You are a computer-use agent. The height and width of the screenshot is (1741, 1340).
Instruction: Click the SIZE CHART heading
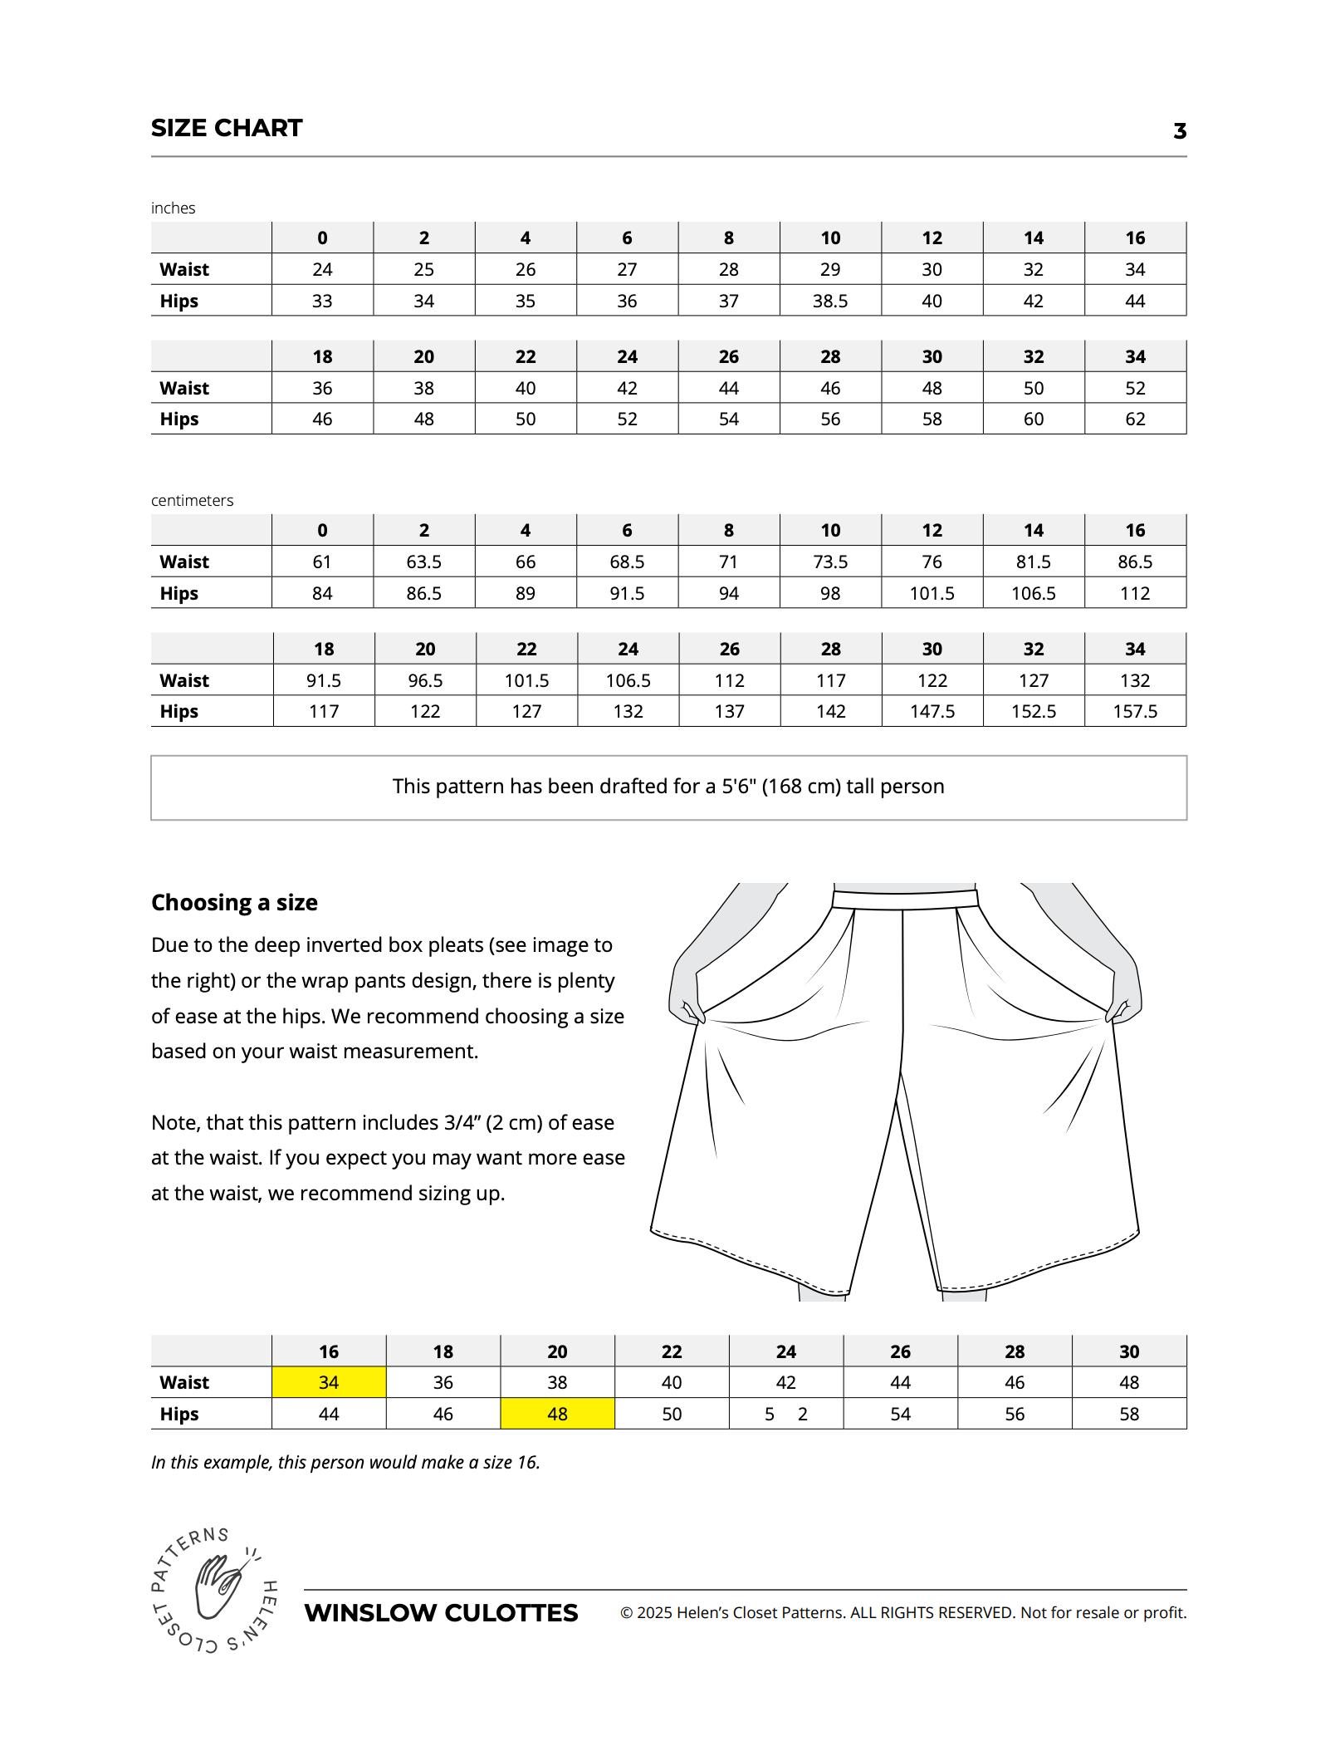pyautogui.click(x=227, y=128)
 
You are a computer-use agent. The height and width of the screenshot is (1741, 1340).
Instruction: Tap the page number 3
pyautogui.click(x=1179, y=131)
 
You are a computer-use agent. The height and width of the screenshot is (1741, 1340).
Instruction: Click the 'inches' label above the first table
pyautogui.click(x=173, y=208)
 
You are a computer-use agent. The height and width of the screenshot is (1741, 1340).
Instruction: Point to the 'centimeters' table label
pyautogui.click(x=192, y=500)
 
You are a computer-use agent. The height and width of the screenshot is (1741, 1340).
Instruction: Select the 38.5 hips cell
pyautogui.click(x=830, y=301)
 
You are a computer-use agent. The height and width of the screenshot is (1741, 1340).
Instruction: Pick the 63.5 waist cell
pyautogui.click(x=423, y=562)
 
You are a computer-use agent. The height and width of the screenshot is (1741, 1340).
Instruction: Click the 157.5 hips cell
pyautogui.click(x=1135, y=711)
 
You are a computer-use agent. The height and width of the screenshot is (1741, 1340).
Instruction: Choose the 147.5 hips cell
pyautogui.click(x=932, y=711)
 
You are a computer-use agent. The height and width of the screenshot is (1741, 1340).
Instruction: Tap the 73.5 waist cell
pyautogui.click(x=830, y=562)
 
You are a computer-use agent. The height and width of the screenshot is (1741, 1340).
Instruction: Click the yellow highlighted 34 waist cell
pyautogui.click(x=329, y=1382)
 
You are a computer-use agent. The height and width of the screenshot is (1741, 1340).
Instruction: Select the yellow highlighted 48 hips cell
pyautogui.click(x=557, y=1414)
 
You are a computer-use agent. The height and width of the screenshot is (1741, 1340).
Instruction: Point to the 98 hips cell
pyautogui.click(x=830, y=593)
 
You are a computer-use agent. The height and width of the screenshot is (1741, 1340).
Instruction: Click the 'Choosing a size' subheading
pyautogui.click(x=234, y=902)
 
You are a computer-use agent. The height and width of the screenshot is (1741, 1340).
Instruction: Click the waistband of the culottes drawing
pyautogui.click(x=905, y=900)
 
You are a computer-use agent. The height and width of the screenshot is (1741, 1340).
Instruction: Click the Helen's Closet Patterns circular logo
pyautogui.click(x=215, y=1589)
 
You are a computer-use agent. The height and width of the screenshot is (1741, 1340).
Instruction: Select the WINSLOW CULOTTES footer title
pyautogui.click(x=441, y=1613)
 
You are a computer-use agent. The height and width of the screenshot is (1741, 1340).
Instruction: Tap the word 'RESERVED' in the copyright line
pyautogui.click(x=977, y=1613)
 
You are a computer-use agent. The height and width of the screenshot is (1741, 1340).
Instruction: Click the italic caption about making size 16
pyautogui.click(x=345, y=1462)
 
